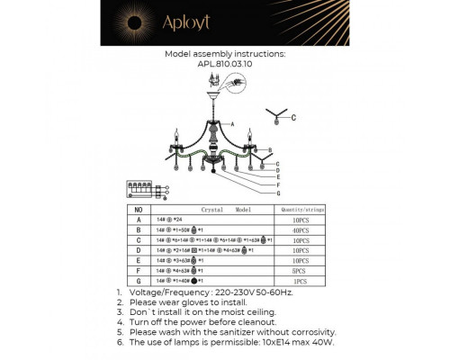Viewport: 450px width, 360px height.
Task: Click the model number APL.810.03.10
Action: coord(226,64)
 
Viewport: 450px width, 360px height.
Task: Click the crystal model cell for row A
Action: coord(171,219)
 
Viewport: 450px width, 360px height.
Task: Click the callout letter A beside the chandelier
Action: coord(232,123)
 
